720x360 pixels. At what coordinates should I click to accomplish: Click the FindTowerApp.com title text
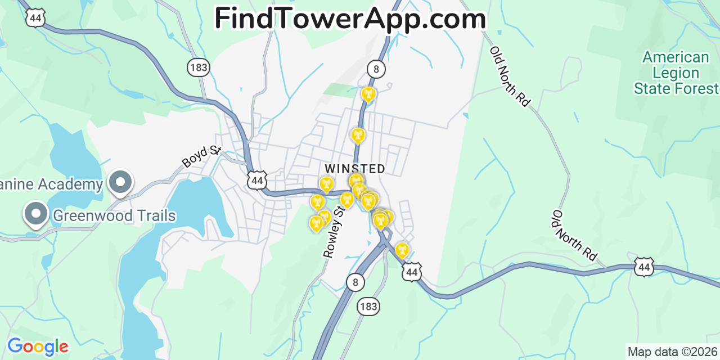pos(350,19)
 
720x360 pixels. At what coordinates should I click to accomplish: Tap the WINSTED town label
pos(355,169)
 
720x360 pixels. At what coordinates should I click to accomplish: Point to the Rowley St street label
pos(334,232)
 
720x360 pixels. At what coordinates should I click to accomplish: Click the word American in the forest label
pos(676,57)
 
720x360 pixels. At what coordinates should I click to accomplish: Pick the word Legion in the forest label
pos(676,73)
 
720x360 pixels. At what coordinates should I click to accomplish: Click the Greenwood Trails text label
pos(114,215)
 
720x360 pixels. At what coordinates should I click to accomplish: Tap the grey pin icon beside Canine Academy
pos(120,182)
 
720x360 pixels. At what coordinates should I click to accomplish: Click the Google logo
pos(37,346)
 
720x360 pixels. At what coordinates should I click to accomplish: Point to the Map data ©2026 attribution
pos(672,352)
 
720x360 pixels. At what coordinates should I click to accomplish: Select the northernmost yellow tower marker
pos(368,93)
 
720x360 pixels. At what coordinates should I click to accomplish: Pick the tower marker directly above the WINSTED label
pos(358,135)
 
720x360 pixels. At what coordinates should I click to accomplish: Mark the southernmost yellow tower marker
pos(402,250)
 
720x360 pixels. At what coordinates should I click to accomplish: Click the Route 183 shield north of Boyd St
pos(198,68)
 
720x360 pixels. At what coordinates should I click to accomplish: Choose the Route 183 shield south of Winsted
pos(368,307)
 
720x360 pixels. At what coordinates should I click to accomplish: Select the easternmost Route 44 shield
pos(643,267)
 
